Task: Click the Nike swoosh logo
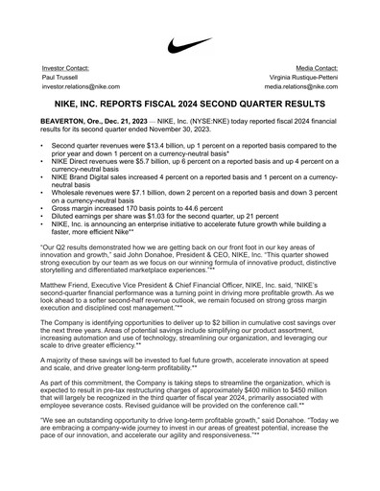coord(189,45)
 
